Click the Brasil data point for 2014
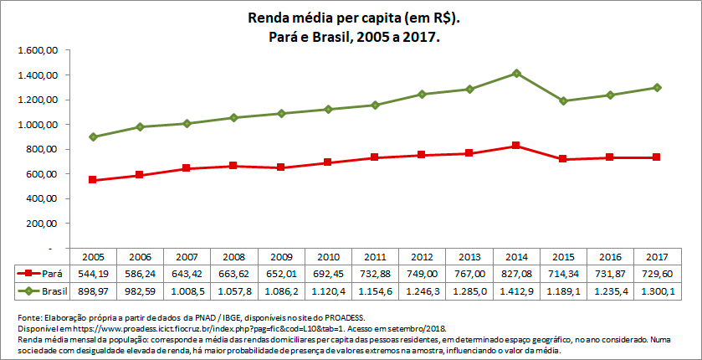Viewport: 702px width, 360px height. tap(517, 74)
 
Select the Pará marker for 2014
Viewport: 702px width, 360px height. tap(517, 146)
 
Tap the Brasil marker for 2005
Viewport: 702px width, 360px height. tap(93, 137)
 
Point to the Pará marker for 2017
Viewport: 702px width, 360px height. tap(658, 157)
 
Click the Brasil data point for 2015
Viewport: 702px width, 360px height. tap(564, 101)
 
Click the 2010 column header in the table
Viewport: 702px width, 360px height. tap(328, 256)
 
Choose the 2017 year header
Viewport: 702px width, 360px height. tap(658, 256)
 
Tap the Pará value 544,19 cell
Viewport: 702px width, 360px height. tap(93, 273)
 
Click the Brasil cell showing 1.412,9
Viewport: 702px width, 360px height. tap(517, 290)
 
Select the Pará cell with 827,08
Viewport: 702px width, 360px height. tap(517, 273)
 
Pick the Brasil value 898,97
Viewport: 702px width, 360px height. tap(93, 290)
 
